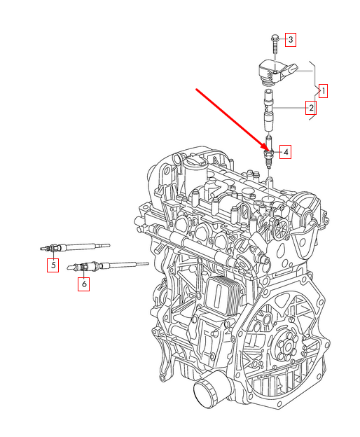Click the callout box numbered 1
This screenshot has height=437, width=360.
point(323,90)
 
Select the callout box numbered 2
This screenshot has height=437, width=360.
point(309,108)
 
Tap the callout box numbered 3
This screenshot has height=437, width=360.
point(290,39)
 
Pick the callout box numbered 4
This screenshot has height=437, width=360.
point(286,151)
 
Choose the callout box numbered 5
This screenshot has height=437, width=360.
point(53,265)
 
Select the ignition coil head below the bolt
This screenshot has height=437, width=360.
point(273,70)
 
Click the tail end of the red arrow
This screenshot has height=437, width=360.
point(198,90)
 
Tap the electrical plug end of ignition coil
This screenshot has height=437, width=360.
point(302,69)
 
